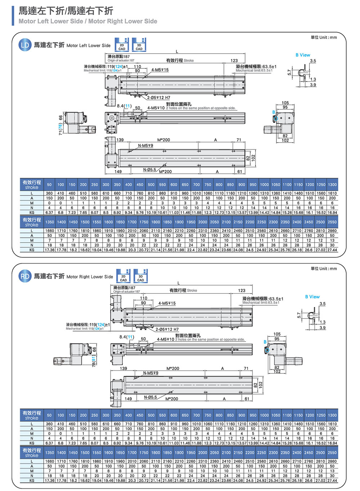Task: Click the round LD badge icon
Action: click(25, 45)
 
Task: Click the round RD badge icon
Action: click(25, 276)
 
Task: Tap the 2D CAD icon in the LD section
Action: click(122, 45)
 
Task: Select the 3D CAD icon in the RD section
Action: click(140, 276)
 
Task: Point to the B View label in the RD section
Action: click(312, 297)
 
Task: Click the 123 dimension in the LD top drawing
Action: click(234, 60)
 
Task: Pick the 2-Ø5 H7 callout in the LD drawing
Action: click(158, 98)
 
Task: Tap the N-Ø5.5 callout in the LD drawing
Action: click(149, 170)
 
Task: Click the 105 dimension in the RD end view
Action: click(277, 334)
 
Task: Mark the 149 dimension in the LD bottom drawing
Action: click(118, 172)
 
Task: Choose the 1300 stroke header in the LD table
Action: click(332, 185)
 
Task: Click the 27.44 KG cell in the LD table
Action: click(332, 250)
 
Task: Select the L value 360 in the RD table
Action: click(49, 424)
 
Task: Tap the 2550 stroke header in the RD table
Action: click(332, 452)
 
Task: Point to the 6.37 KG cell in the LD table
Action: click(49, 212)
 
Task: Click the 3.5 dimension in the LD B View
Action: click(313, 61)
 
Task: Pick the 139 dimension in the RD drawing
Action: click(123, 368)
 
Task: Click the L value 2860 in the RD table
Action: click(332, 461)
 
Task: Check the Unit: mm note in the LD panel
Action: click(324, 37)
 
